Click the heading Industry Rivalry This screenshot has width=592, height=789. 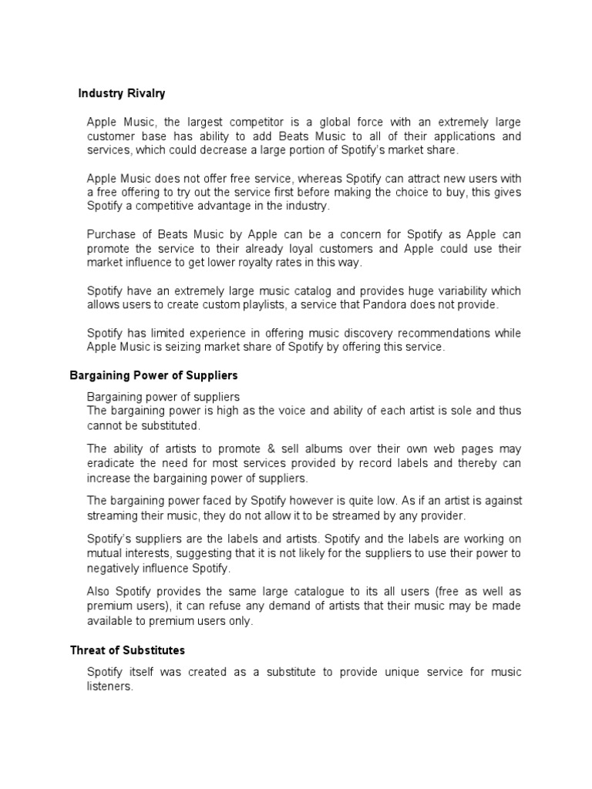122,93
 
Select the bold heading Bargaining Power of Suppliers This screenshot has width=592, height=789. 154,376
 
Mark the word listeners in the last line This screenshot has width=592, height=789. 110,686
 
